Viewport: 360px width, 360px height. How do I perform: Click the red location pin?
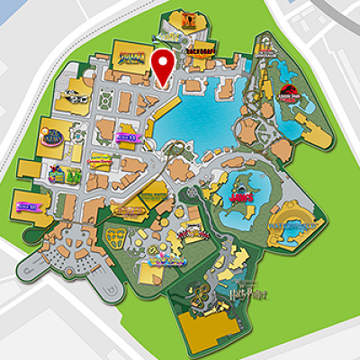pyautogui.click(x=162, y=66)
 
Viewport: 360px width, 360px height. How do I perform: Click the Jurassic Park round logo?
pyautogui.click(x=289, y=91)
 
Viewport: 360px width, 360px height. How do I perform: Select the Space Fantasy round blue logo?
pyautogui.click(x=53, y=137)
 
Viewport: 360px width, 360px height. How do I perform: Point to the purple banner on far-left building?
pyautogui.click(x=26, y=208)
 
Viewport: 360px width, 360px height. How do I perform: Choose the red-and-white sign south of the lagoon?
pyautogui.click(x=191, y=235)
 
